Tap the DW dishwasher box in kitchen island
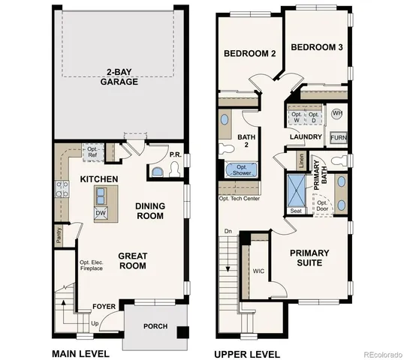(x=100, y=213)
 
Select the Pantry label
(x=59, y=235)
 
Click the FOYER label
(x=104, y=307)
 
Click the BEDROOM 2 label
(x=250, y=54)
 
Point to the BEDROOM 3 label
(x=316, y=47)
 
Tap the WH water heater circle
(x=337, y=113)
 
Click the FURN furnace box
(x=339, y=138)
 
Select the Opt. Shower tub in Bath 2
(x=242, y=170)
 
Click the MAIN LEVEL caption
(x=80, y=353)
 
